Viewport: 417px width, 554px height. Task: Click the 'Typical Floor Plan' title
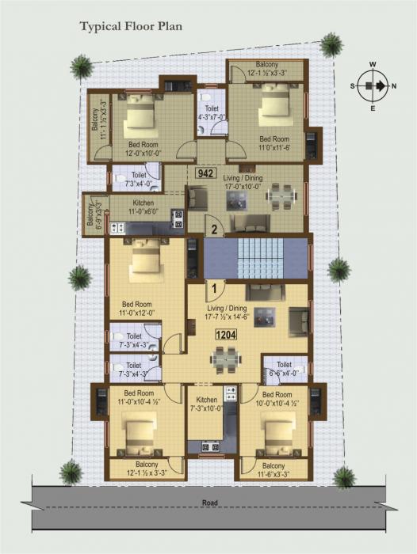(x=131, y=27)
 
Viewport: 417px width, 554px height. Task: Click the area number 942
(x=208, y=173)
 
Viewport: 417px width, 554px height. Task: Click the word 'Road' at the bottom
(x=210, y=503)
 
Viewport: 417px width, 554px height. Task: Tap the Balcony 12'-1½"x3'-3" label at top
(x=266, y=70)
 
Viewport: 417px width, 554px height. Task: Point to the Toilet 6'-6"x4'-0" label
(x=284, y=367)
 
